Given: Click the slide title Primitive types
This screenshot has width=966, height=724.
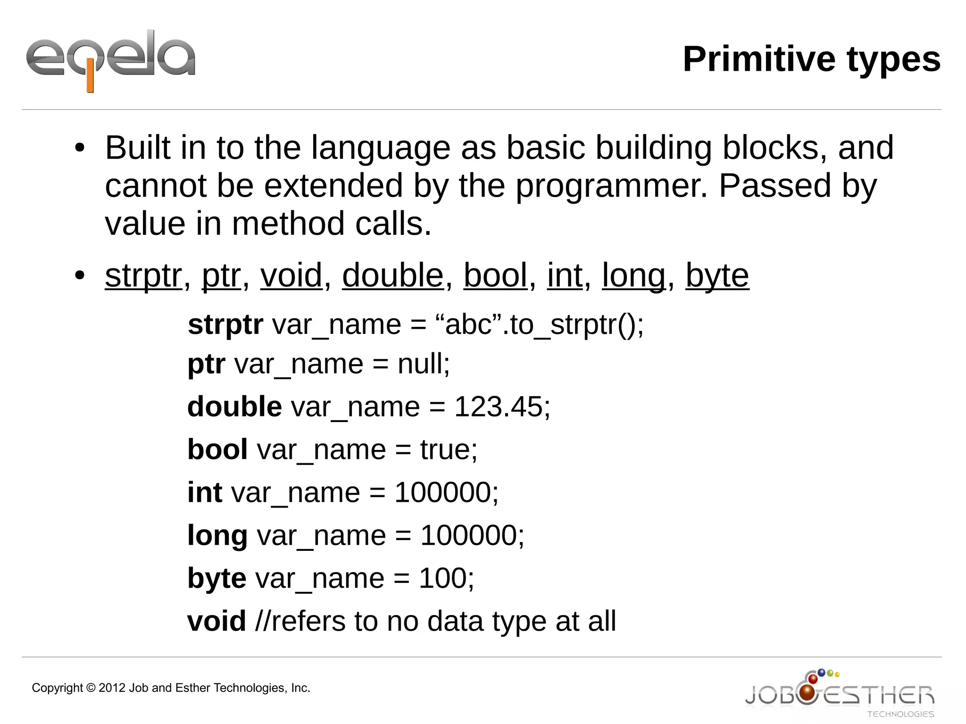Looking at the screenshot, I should click(x=811, y=59).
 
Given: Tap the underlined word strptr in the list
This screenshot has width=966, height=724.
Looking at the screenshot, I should click(x=143, y=275).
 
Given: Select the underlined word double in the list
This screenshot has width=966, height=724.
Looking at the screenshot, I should click(x=392, y=275).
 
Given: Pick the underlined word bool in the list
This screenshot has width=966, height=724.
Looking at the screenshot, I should click(x=495, y=275).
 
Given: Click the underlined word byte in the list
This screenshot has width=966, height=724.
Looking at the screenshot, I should click(x=717, y=275).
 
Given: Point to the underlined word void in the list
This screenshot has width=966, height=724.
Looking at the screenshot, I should click(x=291, y=275).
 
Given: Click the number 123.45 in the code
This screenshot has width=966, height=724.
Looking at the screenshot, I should click(x=498, y=407).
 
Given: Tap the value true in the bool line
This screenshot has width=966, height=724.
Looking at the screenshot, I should click(x=445, y=449).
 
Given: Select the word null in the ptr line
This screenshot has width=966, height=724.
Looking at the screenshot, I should click(x=420, y=364).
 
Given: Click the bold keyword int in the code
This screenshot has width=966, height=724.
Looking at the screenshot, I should click(x=205, y=492).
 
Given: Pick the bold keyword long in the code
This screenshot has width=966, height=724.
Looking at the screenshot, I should click(x=217, y=536).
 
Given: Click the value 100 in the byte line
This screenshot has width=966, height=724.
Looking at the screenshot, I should click(x=442, y=578).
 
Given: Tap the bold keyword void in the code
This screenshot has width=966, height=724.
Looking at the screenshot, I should click(x=217, y=621).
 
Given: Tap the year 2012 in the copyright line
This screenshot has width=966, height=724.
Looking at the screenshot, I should click(x=112, y=688).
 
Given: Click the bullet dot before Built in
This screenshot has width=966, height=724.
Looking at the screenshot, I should click(x=79, y=148).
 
